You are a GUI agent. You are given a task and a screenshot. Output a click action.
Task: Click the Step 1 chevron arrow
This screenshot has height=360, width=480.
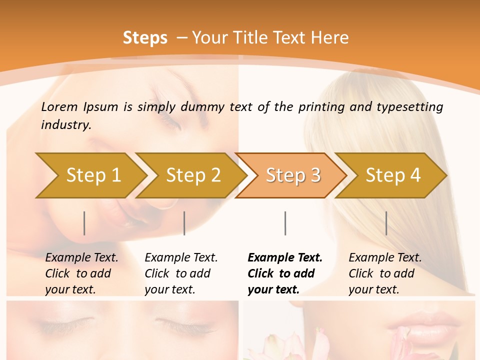click(90, 175)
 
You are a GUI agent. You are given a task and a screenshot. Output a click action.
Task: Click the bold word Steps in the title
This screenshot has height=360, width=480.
click(145, 37)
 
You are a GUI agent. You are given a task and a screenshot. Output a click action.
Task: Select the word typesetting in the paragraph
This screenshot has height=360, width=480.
click(409, 107)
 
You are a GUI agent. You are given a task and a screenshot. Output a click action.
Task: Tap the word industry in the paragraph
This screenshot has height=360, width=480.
click(66, 125)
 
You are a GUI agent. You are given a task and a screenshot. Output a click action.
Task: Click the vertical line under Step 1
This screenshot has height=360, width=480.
click(84, 223)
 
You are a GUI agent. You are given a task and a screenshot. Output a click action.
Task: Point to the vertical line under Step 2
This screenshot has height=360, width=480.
click(184, 223)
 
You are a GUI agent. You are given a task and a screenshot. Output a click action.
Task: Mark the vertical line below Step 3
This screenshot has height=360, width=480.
click(285, 223)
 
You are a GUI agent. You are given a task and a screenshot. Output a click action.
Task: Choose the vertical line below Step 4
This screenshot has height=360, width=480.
click(386, 223)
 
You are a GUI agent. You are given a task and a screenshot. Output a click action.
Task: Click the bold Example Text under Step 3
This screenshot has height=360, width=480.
click(285, 258)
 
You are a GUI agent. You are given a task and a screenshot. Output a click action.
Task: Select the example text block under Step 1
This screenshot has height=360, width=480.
click(81, 273)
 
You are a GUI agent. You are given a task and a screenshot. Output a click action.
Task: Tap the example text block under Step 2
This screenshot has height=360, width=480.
click(181, 273)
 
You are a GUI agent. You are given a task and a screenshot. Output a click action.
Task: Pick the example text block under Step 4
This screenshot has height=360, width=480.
click(385, 273)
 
